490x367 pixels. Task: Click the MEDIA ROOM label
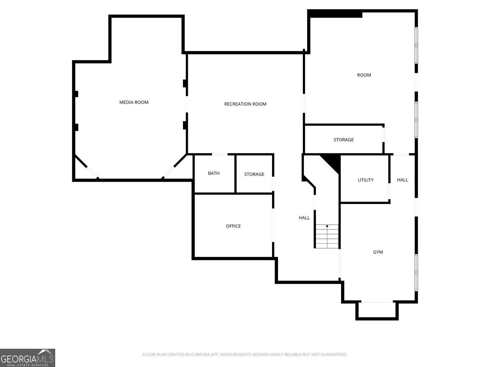click(134, 102)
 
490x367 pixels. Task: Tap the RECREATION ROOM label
click(245, 104)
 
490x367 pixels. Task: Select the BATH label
click(214, 173)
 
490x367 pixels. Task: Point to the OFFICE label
click(233, 226)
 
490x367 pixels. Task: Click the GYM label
click(378, 252)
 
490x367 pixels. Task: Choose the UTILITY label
click(366, 180)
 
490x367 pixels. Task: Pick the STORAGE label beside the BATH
click(254, 174)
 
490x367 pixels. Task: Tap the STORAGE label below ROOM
click(343, 140)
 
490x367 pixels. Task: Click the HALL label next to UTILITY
click(402, 180)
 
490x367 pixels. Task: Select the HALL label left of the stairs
click(304, 218)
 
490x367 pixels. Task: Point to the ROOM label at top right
click(364, 75)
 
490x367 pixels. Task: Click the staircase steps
click(327, 236)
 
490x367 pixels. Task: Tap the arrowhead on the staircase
click(327, 226)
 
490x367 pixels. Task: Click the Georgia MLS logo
click(27, 358)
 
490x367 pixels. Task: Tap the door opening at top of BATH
click(220, 154)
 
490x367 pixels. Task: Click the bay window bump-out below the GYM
click(377, 311)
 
